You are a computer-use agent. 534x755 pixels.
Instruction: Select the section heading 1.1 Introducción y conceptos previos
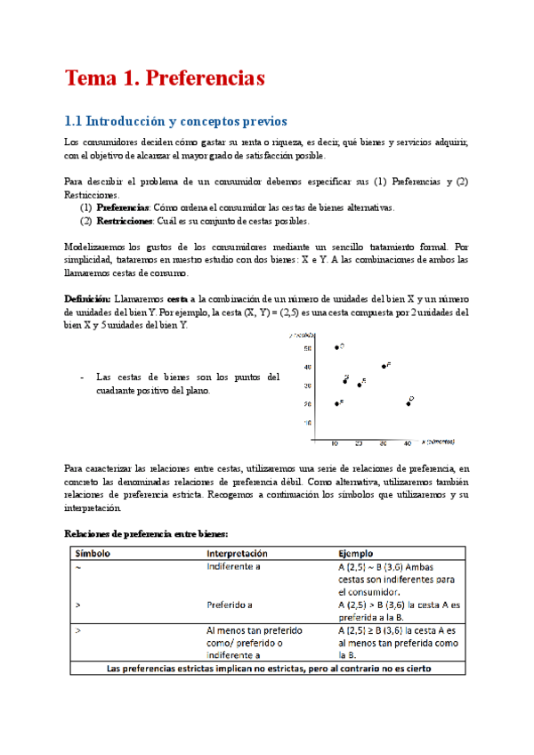click(176, 121)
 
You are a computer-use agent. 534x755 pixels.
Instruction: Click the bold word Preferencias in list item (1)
click(124, 207)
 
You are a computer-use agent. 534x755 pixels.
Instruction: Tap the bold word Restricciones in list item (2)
click(127, 221)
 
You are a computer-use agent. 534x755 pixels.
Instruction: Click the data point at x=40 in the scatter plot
click(408, 403)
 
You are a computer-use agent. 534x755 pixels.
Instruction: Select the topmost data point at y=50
click(336, 347)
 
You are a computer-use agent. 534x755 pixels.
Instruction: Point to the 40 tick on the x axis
click(408, 442)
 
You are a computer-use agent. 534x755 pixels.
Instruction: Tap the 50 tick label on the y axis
click(307, 348)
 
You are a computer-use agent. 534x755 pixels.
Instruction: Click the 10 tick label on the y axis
click(307, 422)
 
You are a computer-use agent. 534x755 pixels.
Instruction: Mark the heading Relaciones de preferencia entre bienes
click(148, 532)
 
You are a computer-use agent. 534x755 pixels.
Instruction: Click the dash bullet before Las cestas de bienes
click(82, 377)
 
